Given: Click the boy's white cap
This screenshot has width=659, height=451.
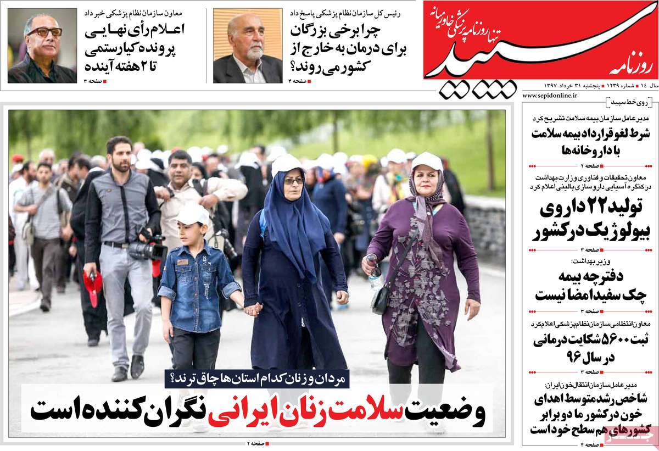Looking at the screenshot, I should [x=194, y=214].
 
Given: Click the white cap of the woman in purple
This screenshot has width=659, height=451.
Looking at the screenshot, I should [x=427, y=160].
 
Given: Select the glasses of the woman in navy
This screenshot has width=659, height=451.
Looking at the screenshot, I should [x=293, y=181].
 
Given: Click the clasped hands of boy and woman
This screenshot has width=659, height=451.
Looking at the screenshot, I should [x=253, y=309].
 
